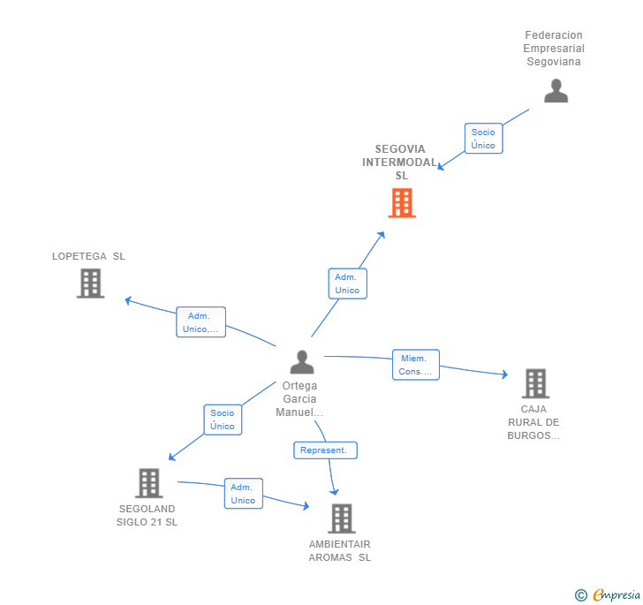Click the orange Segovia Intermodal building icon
(402, 203)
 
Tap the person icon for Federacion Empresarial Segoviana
(556, 91)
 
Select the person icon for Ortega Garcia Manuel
(302, 362)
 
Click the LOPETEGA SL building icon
(90, 284)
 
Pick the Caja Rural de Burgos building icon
(535, 383)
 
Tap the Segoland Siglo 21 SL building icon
(148, 483)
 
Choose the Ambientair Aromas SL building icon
(341, 518)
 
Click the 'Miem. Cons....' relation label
(416, 365)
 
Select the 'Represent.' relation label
(325, 450)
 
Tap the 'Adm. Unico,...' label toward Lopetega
(200, 322)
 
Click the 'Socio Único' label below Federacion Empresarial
(483, 139)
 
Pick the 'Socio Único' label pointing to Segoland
(223, 420)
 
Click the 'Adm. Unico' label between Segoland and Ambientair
(243, 494)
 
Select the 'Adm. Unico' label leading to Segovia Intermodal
(347, 284)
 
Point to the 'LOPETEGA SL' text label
(88, 256)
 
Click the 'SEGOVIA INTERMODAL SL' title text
(401, 163)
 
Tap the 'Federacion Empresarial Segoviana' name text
(554, 49)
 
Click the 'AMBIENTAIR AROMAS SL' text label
(340, 550)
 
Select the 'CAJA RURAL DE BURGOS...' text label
(533, 422)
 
